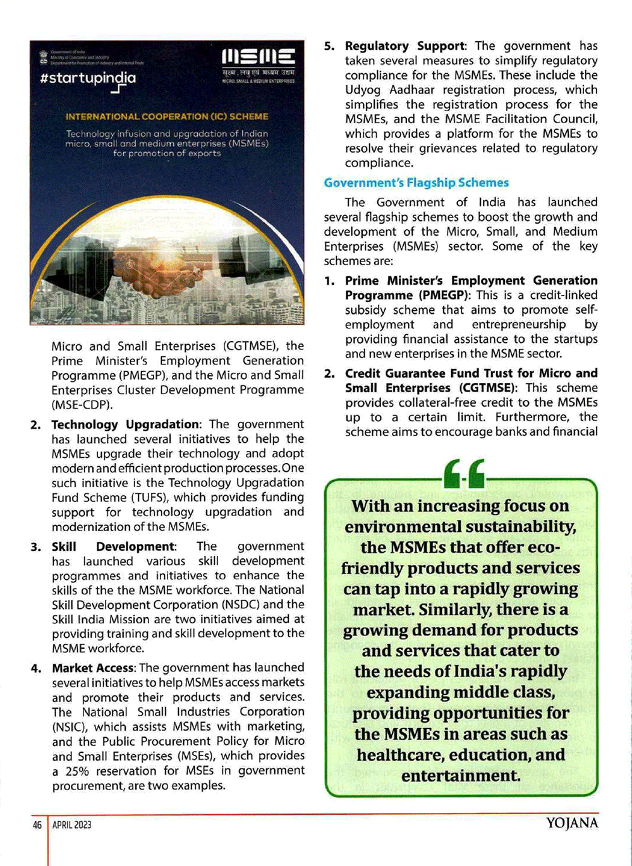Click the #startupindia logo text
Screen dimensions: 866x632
pos(87,79)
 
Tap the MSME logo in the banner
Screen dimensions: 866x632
pos(258,58)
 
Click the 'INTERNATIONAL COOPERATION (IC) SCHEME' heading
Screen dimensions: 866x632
pos(167,117)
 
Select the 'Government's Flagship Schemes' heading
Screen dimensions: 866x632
pos(416,183)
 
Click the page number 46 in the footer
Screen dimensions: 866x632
pos(37,824)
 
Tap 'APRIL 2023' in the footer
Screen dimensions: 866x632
pos(72,824)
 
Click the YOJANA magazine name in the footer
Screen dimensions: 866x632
pos(571,823)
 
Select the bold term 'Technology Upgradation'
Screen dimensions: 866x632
pos(125,424)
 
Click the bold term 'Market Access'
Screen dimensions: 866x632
pos(93,668)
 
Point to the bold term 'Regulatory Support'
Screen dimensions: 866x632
pos(404,46)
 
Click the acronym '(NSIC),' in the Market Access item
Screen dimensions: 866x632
pos(74,726)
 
